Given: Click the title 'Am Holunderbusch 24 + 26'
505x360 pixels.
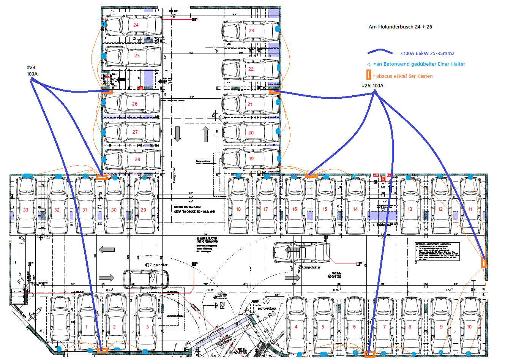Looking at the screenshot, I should (x=400, y=27).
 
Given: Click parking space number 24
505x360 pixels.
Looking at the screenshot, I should (x=136, y=25).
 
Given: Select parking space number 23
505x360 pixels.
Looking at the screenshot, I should (x=251, y=31).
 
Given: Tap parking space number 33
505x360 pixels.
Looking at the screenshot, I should (x=26, y=210).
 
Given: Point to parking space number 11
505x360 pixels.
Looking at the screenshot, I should (x=470, y=209).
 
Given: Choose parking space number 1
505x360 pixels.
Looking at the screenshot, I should (x=87, y=327).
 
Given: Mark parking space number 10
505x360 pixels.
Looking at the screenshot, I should (x=469, y=327).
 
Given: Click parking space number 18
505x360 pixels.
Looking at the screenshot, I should (x=238, y=209).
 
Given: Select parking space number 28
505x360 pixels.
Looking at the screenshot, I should (x=137, y=159).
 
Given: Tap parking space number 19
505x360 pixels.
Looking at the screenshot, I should (x=251, y=159).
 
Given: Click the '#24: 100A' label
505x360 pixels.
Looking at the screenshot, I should (x=32, y=71).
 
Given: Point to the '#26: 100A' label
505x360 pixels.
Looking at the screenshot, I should (x=372, y=86).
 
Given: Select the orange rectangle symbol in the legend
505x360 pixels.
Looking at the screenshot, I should (x=368, y=76).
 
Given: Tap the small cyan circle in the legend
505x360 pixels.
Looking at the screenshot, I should (x=369, y=65).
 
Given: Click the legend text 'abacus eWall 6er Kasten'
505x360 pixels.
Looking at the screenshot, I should (x=403, y=76).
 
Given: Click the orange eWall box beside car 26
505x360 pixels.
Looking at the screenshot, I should (x=107, y=91).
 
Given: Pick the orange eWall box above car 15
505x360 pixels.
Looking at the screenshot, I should (x=312, y=175).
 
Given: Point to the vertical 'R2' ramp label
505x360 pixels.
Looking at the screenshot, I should (x=223, y=305).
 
